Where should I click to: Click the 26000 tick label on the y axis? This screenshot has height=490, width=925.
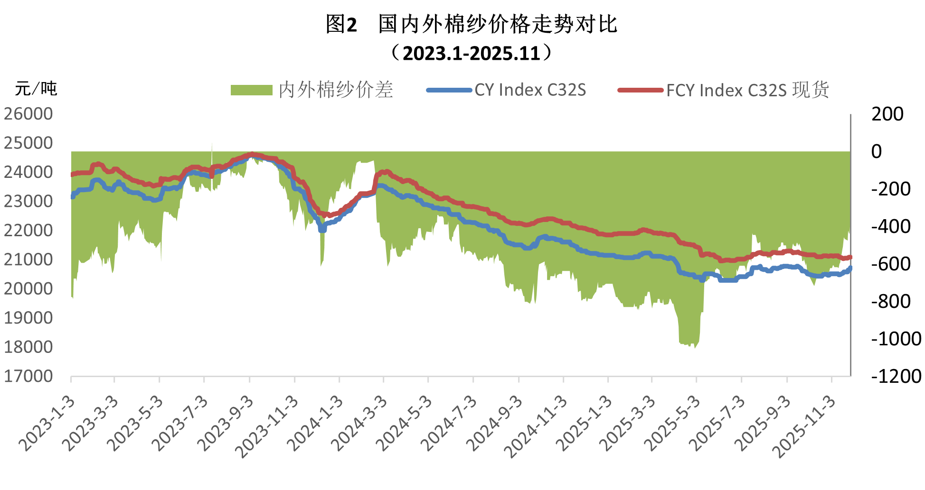(28, 114)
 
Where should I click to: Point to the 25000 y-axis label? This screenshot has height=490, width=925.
(28, 143)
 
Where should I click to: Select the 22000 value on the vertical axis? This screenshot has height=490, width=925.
(28, 231)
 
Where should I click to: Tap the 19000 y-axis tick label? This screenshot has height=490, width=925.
(28, 318)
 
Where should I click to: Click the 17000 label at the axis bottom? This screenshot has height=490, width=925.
(28, 376)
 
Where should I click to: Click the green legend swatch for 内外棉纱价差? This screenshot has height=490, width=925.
(251, 90)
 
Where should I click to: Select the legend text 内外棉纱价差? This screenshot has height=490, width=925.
(336, 90)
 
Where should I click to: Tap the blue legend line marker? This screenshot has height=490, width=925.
(449, 90)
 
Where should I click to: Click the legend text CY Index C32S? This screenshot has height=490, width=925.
(530, 90)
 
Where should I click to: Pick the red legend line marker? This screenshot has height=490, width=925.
(640, 90)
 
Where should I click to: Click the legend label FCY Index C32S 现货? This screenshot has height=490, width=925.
(748, 90)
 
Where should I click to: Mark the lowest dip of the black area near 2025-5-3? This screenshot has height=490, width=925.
(695, 348)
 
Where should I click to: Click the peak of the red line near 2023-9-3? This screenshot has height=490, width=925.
(252, 154)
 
